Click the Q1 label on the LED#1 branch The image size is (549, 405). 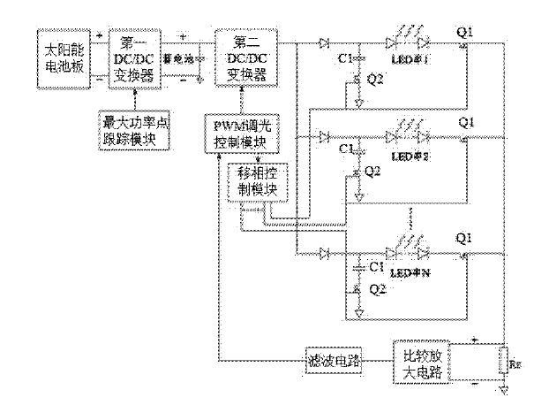(x=465, y=33)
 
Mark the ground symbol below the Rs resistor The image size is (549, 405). (x=502, y=390)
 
